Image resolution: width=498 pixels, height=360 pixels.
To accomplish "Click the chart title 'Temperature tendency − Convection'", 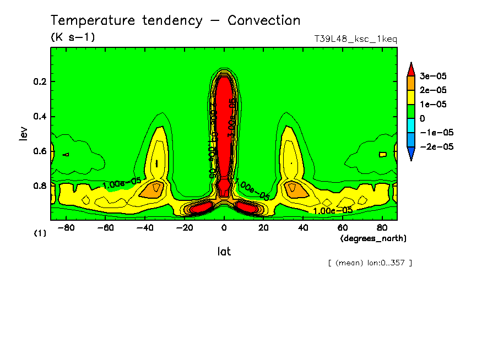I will (x=175, y=21).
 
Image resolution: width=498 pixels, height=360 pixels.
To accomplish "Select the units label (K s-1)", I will (x=73, y=37).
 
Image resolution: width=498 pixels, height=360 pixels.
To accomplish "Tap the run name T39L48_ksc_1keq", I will (x=355, y=39).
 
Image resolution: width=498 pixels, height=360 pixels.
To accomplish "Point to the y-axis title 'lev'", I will (x=23, y=133).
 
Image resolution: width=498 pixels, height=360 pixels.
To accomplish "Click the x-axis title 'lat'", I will (x=224, y=251).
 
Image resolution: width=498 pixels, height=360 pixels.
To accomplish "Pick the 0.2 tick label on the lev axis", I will (x=40, y=82).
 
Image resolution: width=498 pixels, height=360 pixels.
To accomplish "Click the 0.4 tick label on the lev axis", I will (x=40, y=117).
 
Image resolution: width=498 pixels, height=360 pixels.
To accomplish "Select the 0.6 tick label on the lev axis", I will (x=40, y=151).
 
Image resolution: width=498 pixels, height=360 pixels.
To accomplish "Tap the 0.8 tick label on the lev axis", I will (x=40, y=186).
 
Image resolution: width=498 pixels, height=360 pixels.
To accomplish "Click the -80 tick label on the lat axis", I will (x=66, y=227).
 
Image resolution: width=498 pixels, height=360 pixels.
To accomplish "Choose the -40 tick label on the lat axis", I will (x=144, y=227).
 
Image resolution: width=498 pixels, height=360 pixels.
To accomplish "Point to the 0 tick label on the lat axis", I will (x=224, y=227).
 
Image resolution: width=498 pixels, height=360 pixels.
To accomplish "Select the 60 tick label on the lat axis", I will (x=342, y=227).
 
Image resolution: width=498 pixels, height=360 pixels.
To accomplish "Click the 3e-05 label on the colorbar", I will (x=434, y=75).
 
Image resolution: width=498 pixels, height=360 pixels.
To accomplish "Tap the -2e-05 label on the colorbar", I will (x=435, y=147).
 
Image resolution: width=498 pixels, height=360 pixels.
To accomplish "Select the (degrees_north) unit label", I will (x=373, y=238).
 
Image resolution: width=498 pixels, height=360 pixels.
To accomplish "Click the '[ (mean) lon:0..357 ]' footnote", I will (x=370, y=263).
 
